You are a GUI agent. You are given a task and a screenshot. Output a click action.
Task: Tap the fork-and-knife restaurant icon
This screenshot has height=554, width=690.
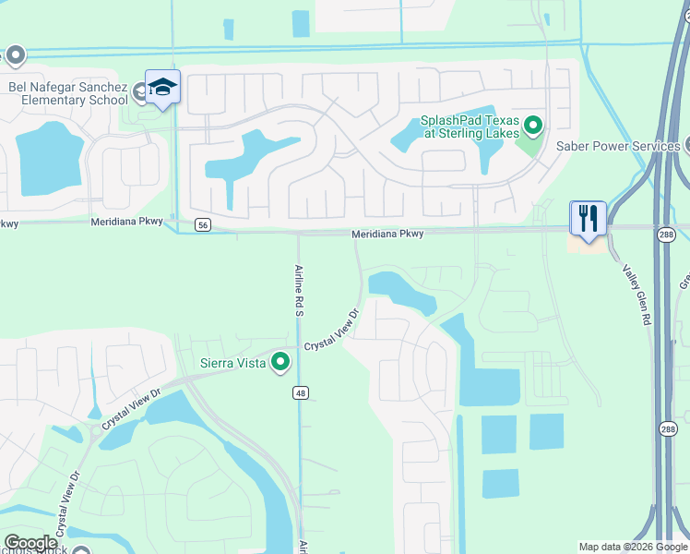pyautogui.click(x=588, y=218)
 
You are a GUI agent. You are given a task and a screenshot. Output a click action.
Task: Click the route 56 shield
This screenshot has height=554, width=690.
pyautogui.click(x=203, y=224)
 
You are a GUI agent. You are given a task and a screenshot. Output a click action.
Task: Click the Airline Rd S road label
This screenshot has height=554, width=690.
pyautogui.click(x=299, y=290)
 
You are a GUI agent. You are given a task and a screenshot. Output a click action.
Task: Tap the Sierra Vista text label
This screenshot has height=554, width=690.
pyautogui.click(x=234, y=363)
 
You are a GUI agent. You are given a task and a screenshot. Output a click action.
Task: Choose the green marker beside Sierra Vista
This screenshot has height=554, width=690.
pyautogui.click(x=280, y=362)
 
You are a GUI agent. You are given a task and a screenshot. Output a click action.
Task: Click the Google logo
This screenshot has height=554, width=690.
pyautogui.click(x=30, y=543)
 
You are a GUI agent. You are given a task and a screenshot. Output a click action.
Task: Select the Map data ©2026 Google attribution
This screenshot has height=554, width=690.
pyautogui.click(x=633, y=547)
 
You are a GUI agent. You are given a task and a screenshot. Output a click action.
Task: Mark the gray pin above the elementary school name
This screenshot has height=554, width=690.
pyautogui.click(x=15, y=57)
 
